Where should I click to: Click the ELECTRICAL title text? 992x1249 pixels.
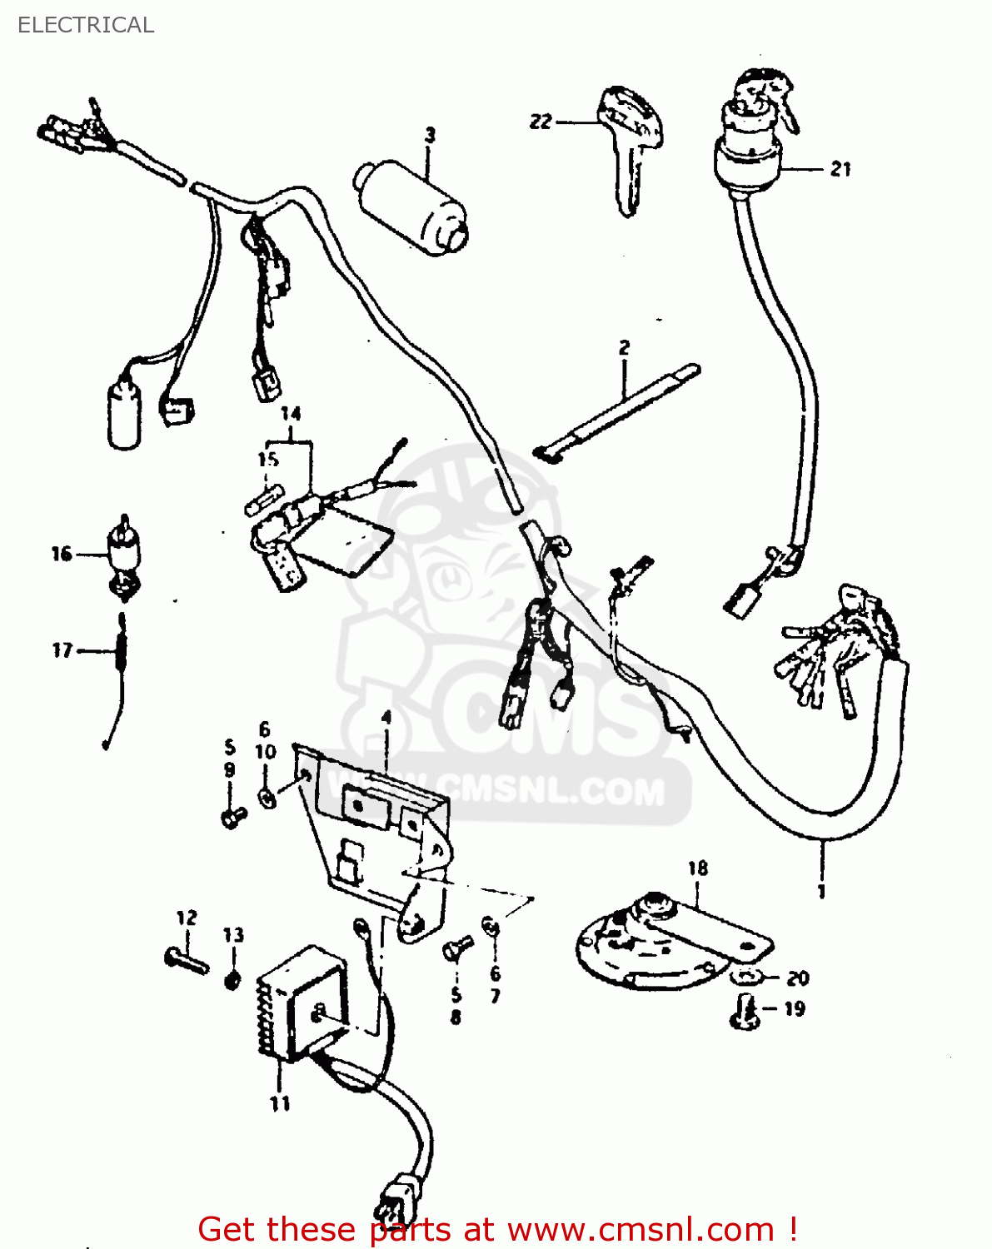click(86, 25)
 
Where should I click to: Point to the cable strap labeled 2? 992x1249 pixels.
click(616, 412)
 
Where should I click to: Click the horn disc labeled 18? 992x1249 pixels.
click(658, 945)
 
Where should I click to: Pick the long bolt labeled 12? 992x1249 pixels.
click(187, 959)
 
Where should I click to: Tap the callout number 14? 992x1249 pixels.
click(290, 414)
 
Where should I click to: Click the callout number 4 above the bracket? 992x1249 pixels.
click(386, 718)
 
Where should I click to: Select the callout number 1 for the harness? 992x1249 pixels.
click(821, 892)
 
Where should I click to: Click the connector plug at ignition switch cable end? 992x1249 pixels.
click(738, 601)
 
